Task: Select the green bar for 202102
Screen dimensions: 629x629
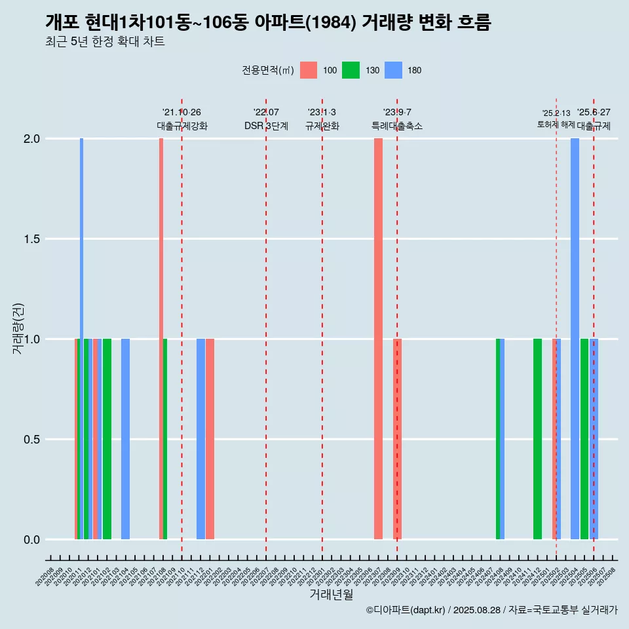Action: pos(107,439)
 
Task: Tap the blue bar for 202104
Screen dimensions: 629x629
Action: pos(125,439)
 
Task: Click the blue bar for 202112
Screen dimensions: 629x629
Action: pos(200,439)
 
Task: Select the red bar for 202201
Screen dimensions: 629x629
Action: pos(210,439)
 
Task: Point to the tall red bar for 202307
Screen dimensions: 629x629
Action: pos(378,339)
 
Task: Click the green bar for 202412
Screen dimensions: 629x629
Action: pos(537,439)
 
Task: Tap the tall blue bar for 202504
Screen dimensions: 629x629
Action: pos(575,339)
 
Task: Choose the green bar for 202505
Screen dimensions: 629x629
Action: pos(584,439)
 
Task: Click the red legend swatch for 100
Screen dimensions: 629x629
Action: pos(309,70)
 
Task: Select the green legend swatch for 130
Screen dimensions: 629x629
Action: pos(351,70)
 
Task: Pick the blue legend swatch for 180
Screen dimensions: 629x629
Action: pos(393,70)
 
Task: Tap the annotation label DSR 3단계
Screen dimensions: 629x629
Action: pos(266,126)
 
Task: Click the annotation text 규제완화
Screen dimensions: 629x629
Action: pos(322,126)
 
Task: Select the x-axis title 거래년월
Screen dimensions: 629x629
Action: pos(331,595)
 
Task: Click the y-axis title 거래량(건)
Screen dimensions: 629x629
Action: pos(18,328)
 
